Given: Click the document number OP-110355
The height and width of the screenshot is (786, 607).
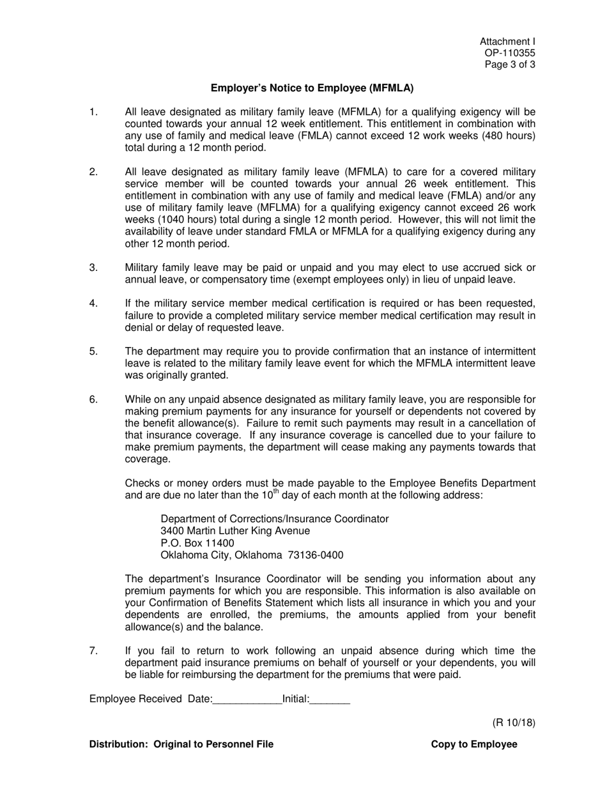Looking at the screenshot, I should pos(510,53).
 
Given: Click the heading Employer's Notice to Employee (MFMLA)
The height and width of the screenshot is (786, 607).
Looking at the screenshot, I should pos(312,88).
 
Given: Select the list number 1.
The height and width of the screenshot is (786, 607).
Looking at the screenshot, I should pos(93,112).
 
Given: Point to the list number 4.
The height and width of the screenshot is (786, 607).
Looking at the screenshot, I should pos(93,304).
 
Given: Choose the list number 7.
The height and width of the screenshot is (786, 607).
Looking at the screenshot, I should pos(93,651).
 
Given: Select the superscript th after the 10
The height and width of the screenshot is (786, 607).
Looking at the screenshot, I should pos(276,492).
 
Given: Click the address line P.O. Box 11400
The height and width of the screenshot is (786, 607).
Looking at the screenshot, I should pos(197,543).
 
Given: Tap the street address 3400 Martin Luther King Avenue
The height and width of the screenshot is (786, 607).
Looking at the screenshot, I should pos(235,531).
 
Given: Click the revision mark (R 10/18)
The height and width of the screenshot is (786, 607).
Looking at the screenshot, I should pos(514,723).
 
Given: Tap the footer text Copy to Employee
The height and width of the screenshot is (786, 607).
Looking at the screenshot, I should pos(474,744).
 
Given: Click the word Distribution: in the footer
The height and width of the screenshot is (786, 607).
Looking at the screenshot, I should pos(118,744).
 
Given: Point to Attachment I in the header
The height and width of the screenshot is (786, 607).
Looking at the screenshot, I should pos(508,42).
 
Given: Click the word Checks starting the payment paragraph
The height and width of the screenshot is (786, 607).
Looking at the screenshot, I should pos(141,483).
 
